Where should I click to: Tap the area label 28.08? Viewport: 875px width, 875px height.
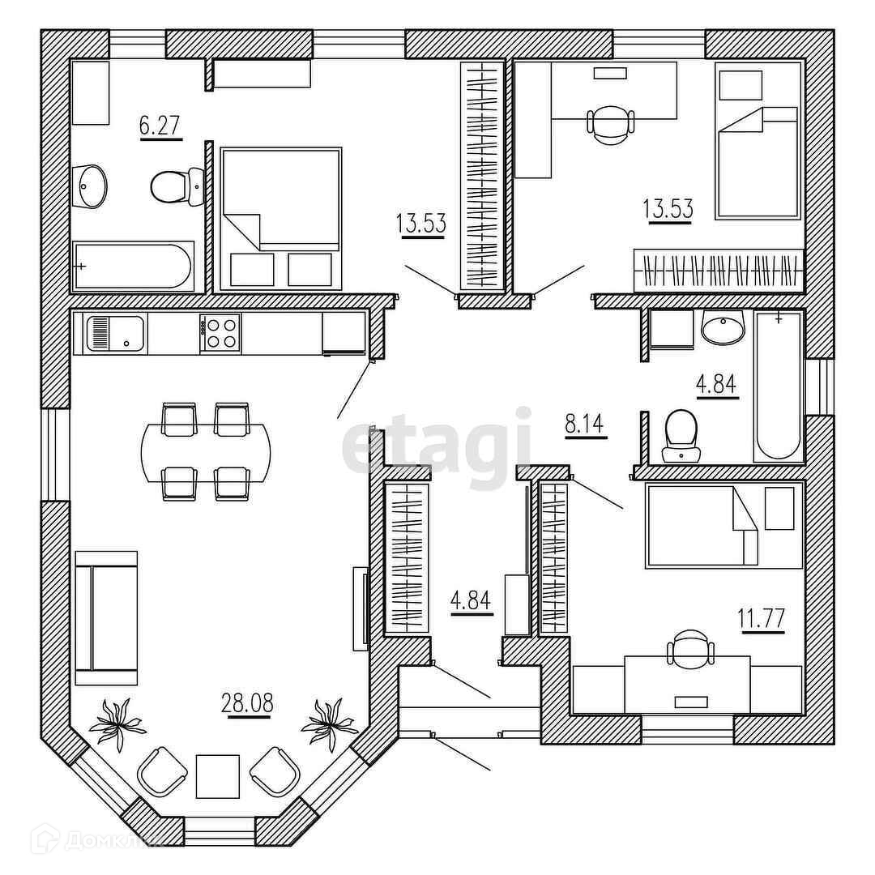247,702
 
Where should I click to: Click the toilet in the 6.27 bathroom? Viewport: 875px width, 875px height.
175,186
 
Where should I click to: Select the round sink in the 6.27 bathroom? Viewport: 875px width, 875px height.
90,186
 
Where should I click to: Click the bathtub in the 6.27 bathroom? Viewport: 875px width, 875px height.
133,266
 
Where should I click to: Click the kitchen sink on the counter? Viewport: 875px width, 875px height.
113,334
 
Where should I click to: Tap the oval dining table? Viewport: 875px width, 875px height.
206,452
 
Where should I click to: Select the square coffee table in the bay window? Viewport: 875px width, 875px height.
218,776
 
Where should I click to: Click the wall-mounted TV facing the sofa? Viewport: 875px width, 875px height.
361,608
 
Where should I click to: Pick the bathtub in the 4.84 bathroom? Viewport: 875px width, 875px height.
779,386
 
